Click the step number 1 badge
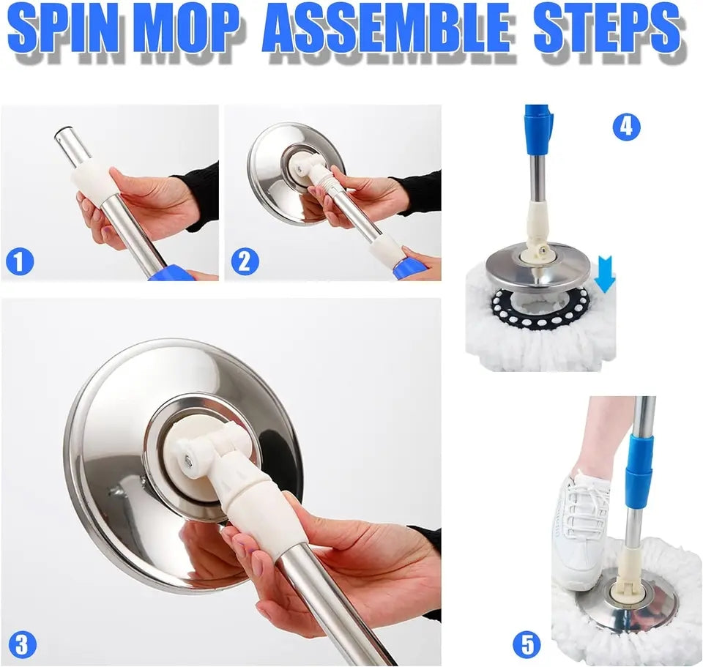coord(19,261)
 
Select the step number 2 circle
coord(245,261)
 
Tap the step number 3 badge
coord(22,645)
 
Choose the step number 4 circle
coord(626,127)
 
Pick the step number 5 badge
coord(527,645)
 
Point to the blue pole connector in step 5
coord(639,469)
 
